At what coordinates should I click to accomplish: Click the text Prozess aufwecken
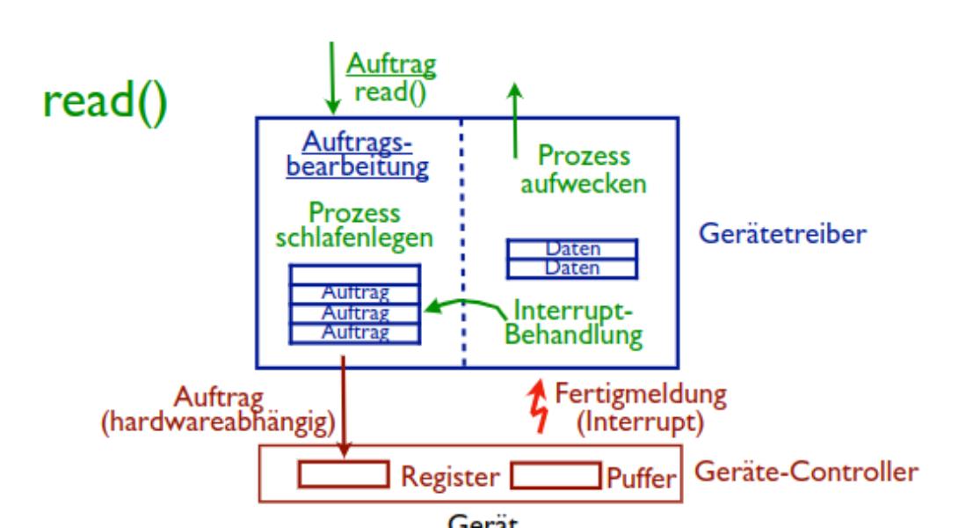click(583, 171)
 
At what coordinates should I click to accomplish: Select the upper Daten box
click(571, 249)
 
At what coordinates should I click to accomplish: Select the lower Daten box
click(571, 266)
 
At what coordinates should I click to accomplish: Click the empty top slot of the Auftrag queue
click(355, 275)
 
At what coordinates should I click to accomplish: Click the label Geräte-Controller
click(808, 471)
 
